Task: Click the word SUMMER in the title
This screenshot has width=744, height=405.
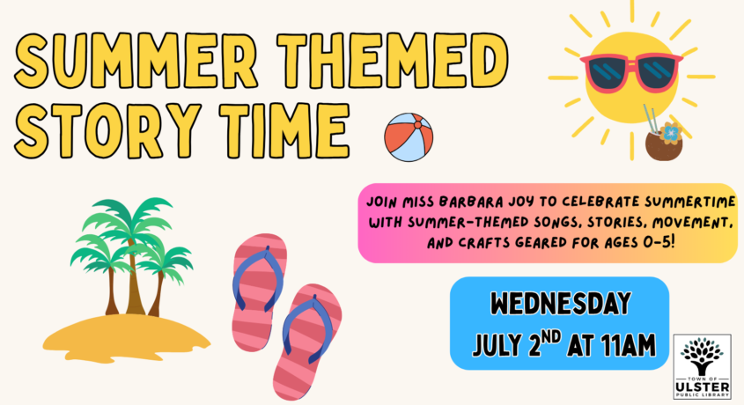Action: point(136,62)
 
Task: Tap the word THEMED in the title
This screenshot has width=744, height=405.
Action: point(393,62)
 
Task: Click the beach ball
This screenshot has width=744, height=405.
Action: point(409,137)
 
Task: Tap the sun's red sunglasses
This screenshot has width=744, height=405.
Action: point(631,71)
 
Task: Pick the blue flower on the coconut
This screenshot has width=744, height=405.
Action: point(670,133)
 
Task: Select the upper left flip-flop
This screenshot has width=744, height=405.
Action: point(259,291)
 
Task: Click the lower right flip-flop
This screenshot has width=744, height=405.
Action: point(307,342)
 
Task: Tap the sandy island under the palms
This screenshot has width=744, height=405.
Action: point(126,338)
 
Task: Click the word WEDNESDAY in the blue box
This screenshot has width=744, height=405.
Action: point(560,304)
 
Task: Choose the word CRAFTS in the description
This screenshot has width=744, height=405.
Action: point(485,243)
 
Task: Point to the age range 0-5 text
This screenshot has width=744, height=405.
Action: point(656,242)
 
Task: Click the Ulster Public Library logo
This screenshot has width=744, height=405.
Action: point(703,366)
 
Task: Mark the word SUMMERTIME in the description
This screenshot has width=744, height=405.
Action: point(690,202)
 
